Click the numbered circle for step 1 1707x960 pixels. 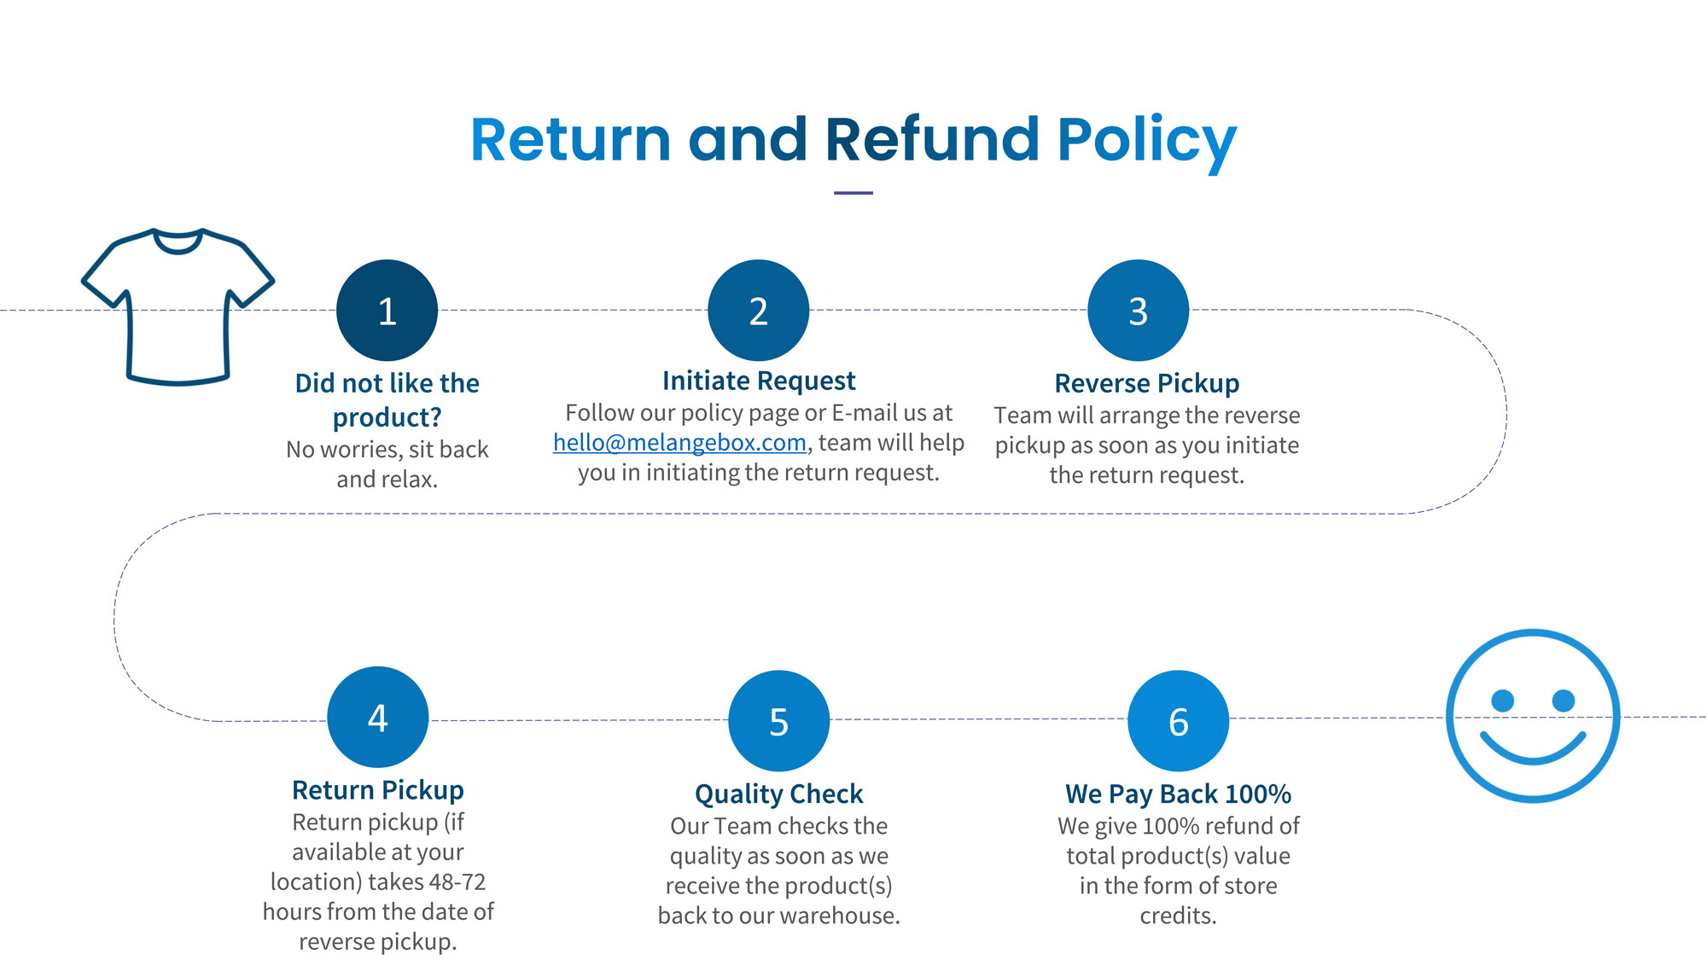[x=387, y=311]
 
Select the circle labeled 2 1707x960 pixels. [x=758, y=311]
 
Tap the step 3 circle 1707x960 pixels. [x=1138, y=311]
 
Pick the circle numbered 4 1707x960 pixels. [x=377, y=717]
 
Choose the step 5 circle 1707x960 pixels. [x=778, y=721]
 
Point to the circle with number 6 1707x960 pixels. [x=1178, y=721]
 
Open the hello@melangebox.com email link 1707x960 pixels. [x=679, y=443]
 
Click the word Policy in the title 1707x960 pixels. [x=1147, y=141]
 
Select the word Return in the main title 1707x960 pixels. [x=571, y=139]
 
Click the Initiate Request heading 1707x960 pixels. [x=759, y=381]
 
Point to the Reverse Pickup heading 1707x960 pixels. [x=1147, y=383]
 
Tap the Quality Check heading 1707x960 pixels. [x=778, y=794]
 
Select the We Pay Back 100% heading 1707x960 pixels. [x=1178, y=794]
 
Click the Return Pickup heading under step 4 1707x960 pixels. [x=378, y=790]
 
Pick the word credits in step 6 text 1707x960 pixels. [x=1178, y=916]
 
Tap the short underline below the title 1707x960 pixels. [x=853, y=193]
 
